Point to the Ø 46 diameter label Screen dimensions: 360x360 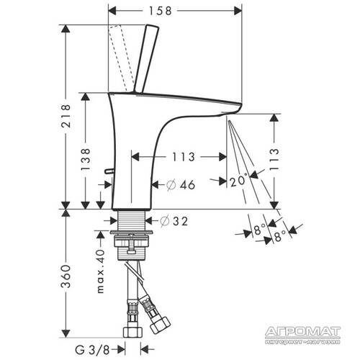click(x=180, y=185)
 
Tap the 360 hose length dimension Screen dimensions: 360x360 click(x=66, y=277)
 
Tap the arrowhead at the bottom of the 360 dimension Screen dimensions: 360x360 click(x=66, y=336)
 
